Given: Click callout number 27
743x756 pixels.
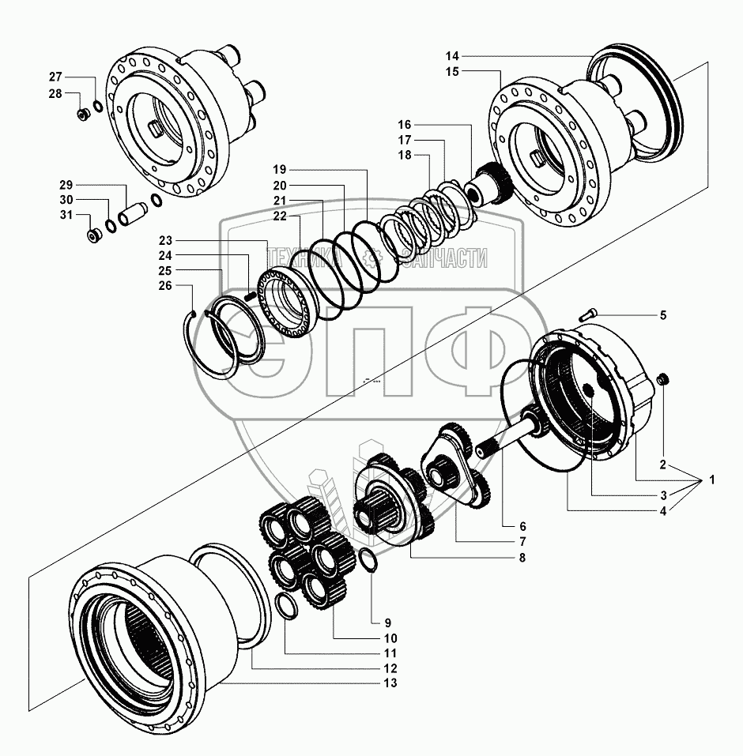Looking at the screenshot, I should click(x=55, y=77).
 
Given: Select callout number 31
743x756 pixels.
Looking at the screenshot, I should click(x=66, y=215).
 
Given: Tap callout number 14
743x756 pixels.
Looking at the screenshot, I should click(x=451, y=56).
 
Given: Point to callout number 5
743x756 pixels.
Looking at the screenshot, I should click(x=662, y=315).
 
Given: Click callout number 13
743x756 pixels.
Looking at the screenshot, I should click(x=390, y=683).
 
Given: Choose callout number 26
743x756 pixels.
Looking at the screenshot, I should click(x=164, y=286).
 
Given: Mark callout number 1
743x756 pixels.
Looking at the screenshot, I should click(x=712, y=480).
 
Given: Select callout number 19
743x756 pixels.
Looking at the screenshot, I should click(x=281, y=170).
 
